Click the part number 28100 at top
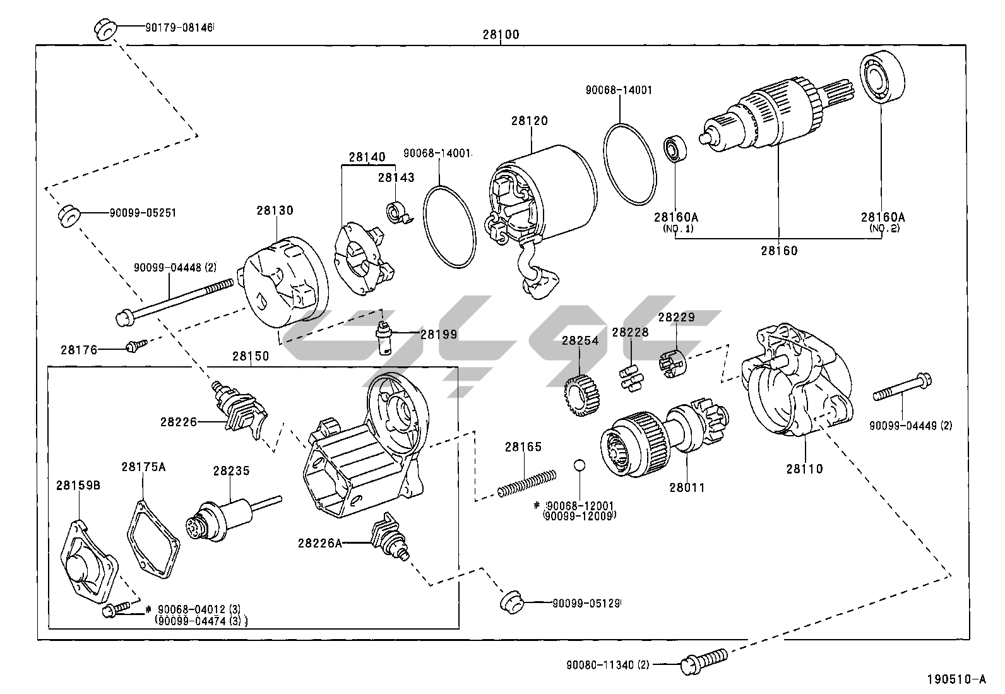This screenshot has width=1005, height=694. coord(501,35)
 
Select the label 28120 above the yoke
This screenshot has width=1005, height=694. coord(530,121)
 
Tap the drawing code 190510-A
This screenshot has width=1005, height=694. coord(956,680)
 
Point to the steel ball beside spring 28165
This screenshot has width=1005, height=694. coord(580,466)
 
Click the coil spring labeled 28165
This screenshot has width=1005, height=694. coord(526,482)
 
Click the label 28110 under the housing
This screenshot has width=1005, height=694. coord(804,469)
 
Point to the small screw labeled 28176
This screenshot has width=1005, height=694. coord(135,346)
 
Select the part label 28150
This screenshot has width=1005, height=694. coord(250,356)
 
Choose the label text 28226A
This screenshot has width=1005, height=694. coord(320,542)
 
